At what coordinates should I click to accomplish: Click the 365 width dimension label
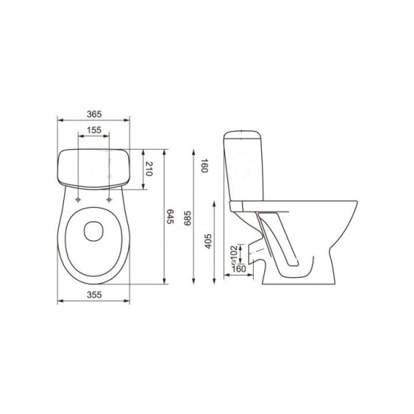click(x=94, y=114)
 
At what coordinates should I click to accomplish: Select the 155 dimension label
click(x=94, y=130)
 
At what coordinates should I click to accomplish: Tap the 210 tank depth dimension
click(x=149, y=169)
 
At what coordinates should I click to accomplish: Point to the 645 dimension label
click(x=170, y=217)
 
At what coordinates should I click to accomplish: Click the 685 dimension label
click(x=187, y=218)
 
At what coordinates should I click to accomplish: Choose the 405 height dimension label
click(x=209, y=241)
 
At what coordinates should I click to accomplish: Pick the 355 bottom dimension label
click(x=94, y=294)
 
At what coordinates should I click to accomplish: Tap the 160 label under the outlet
click(x=239, y=269)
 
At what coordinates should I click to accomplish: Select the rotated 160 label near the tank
click(x=205, y=166)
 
